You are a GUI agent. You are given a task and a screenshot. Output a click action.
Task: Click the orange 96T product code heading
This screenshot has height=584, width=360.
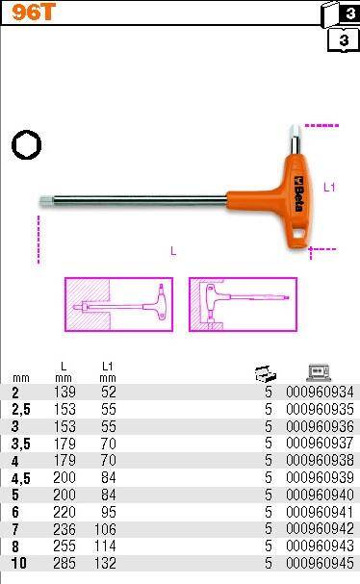click(x=33, y=12)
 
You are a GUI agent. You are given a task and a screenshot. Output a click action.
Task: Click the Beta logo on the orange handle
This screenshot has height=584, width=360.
click(x=298, y=193)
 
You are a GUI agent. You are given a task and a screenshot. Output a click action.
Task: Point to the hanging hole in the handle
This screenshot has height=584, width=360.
click(x=299, y=234)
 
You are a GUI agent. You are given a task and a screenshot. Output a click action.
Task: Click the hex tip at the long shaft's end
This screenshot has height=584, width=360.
click(x=44, y=201)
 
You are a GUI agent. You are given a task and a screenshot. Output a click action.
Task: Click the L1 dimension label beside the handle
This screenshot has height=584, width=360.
click(x=329, y=187)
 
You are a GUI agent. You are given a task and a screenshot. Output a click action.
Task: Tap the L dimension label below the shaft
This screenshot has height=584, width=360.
click(x=173, y=251)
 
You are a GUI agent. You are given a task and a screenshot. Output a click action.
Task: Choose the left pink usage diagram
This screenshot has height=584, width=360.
click(x=119, y=304)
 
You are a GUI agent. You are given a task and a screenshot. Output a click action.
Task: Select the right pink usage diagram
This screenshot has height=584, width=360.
click(x=243, y=304)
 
